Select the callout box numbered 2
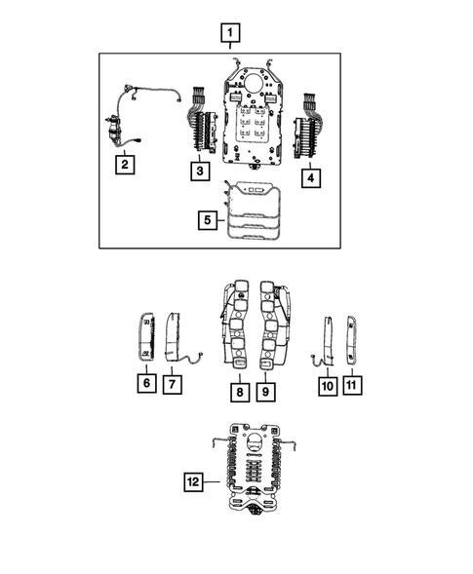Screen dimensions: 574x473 click(124, 165)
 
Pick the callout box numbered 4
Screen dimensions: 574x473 click(309, 178)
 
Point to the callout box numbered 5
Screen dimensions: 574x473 click(206, 221)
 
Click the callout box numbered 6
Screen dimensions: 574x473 click(144, 384)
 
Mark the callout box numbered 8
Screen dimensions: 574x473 click(237, 392)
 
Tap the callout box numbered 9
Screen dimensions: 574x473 click(264, 392)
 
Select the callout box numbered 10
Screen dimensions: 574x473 click(326, 386)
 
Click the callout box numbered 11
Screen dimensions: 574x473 click(351, 386)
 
